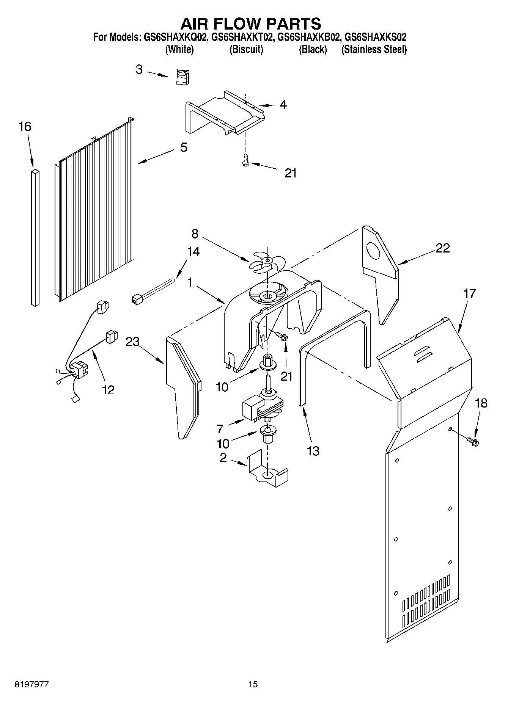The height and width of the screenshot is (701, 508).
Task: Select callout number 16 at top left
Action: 25,127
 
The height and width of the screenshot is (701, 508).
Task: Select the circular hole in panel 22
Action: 375,251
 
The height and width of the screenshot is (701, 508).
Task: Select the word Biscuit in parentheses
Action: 246,50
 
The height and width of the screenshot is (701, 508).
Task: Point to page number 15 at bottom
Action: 253,684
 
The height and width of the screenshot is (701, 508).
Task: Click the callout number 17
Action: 469,293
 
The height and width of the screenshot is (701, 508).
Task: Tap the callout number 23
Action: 133,342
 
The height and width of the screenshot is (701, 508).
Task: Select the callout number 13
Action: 313,451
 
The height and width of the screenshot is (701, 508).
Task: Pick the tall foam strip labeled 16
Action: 35,238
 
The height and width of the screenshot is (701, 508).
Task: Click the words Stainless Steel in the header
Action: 374,50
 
